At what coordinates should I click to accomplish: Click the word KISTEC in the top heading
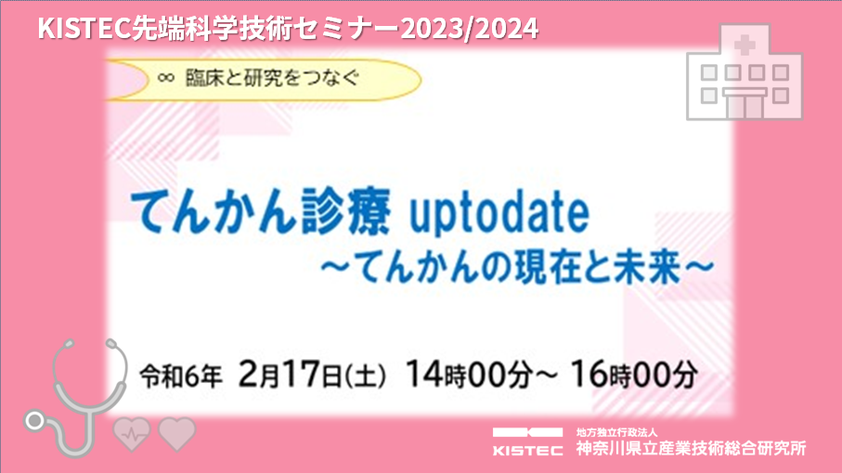click(84, 29)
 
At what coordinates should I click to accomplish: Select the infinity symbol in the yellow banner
click(166, 78)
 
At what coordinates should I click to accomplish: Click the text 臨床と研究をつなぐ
click(272, 78)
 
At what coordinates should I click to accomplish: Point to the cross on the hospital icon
click(745, 45)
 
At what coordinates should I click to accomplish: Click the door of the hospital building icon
click(745, 106)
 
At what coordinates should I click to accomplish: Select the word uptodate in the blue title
click(499, 213)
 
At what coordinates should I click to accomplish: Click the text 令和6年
click(181, 376)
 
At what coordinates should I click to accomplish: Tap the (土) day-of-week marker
click(365, 376)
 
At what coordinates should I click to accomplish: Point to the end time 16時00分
click(634, 374)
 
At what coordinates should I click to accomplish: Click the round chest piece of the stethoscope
click(35, 421)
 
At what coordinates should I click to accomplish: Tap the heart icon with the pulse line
click(132, 434)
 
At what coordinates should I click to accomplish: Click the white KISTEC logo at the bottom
click(527, 441)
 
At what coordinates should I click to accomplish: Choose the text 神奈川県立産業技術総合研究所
click(691, 448)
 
